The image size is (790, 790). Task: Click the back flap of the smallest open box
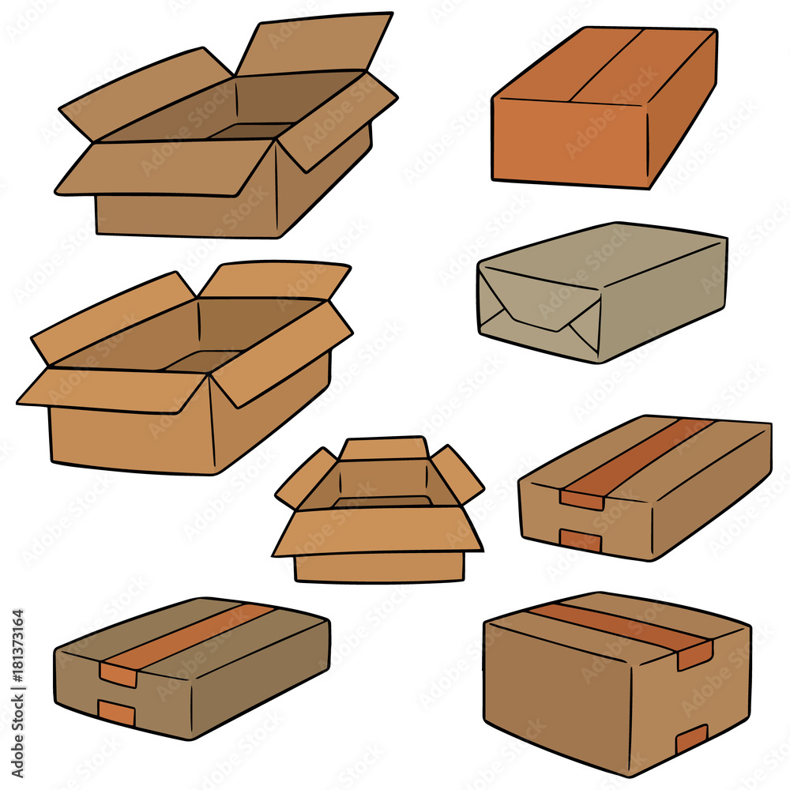(384, 449)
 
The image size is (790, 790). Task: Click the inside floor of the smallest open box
(383, 502)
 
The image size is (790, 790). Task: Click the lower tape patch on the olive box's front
(116, 712)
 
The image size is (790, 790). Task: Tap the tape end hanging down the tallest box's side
(694, 656)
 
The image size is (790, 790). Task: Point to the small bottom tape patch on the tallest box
(691, 739)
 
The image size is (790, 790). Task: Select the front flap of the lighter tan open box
(113, 390)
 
